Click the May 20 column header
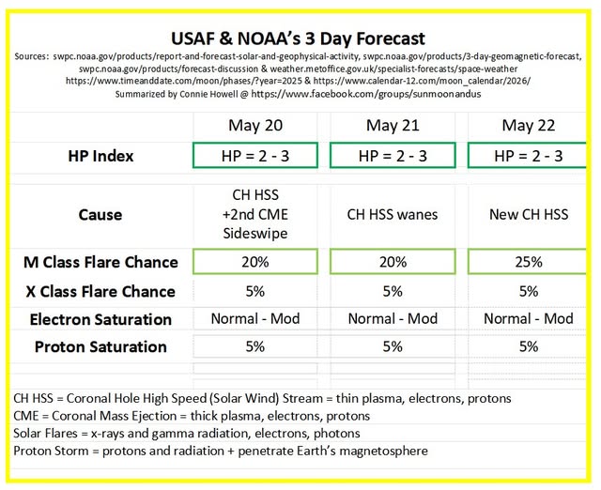(x=255, y=125)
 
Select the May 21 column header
(x=393, y=125)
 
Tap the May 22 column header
(x=528, y=125)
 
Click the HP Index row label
(x=100, y=156)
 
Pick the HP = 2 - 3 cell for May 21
(x=393, y=156)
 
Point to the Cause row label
(x=100, y=215)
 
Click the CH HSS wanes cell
(x=393, y=215)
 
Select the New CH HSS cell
(x=529, y=215)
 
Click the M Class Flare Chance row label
(x=100, y=262)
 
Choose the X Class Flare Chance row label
(x=100, y=292)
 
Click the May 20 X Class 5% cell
(x=255, y=292)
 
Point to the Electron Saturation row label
(x=100, y=319)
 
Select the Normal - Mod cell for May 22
(x=529, y=318)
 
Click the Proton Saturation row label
(x=100, y=346)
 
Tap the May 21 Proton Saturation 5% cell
(x=393, y=346)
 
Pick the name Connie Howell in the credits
(x=208, y=94)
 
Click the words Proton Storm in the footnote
(x=51, y=451)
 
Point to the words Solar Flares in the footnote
(x=45, y=434)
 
